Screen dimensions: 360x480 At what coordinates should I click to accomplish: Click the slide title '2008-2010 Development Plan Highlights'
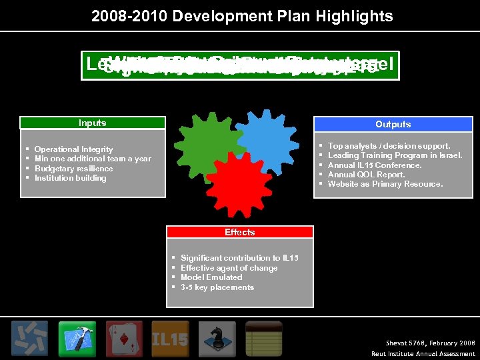[242, 15]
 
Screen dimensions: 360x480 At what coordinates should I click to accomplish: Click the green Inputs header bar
[92, 123]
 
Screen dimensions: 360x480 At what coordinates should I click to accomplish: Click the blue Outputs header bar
[393, 124]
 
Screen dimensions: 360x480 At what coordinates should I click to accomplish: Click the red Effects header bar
[239, 232]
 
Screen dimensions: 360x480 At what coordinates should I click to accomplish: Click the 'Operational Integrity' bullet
[73, 149]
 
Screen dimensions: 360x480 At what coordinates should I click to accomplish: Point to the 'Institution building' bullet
[70, 178]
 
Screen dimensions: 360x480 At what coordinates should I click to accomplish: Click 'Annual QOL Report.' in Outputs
[366, 175]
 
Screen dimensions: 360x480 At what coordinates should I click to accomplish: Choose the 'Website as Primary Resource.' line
[385, 184]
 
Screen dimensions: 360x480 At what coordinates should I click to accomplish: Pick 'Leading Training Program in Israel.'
[395, 155]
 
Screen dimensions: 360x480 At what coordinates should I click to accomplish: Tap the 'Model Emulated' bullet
[211, 277]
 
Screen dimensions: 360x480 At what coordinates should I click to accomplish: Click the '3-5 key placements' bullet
[217, 287]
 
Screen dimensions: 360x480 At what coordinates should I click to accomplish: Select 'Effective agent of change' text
[229, 268]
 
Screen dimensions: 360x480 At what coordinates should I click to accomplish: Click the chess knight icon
[217, 339]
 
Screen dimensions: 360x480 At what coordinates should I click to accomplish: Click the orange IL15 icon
[171, 339]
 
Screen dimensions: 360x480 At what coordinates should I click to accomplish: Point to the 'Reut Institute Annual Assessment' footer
[423, 353]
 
